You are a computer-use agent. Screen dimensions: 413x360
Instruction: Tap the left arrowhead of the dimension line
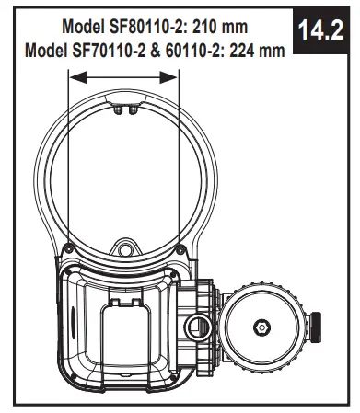[x=75, y=79]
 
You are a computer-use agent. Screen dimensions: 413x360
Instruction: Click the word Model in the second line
[x=42, y=48]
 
